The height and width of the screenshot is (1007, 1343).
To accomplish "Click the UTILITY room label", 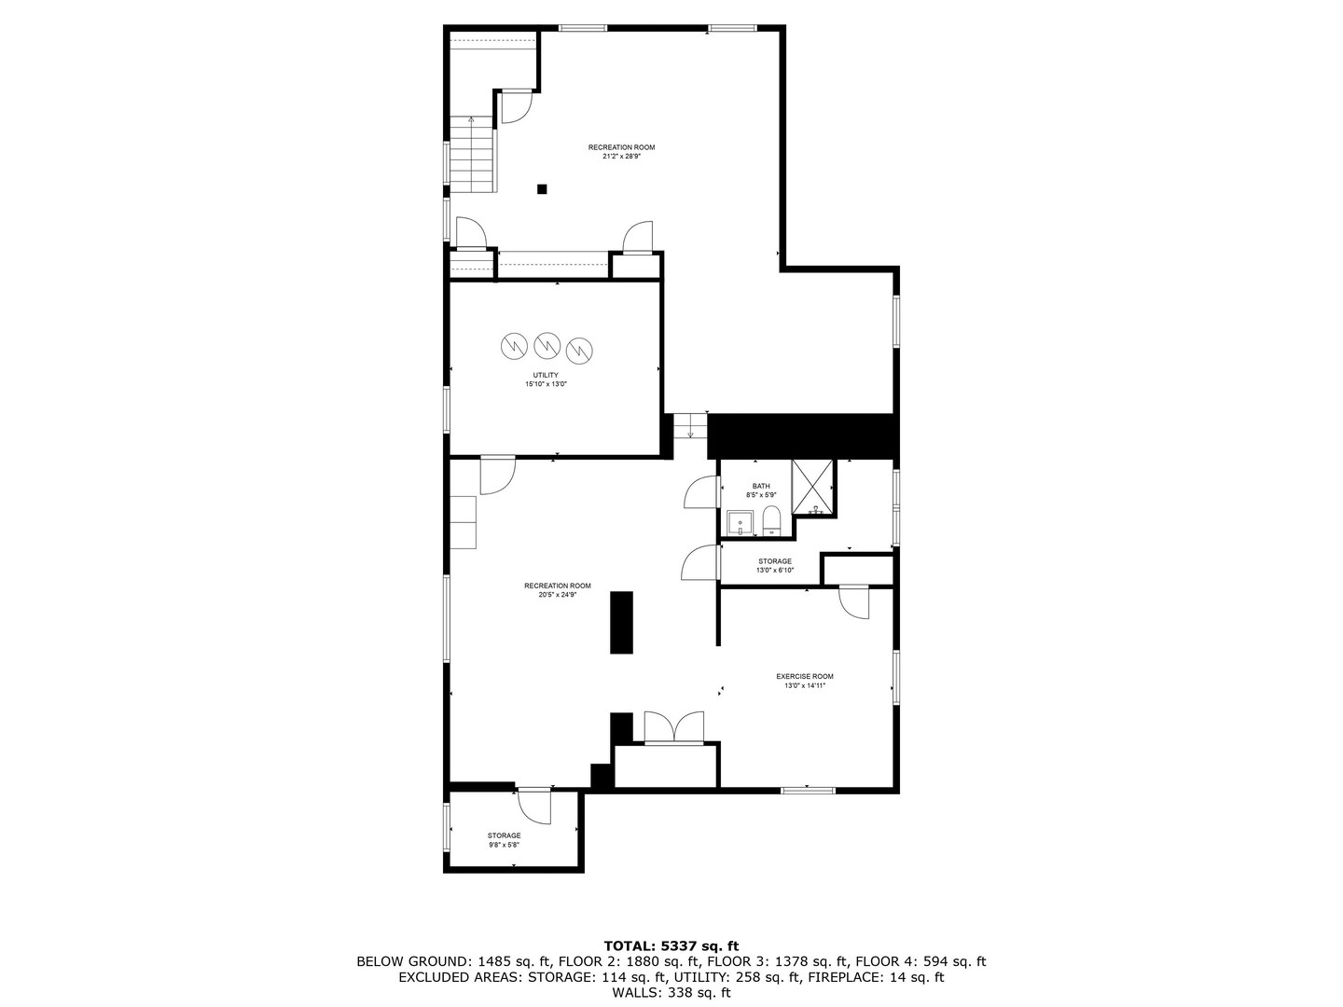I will click(546, 375).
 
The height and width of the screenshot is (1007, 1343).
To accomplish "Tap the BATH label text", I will click(761, 486).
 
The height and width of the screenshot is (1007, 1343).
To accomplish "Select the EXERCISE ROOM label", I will click(804, 676).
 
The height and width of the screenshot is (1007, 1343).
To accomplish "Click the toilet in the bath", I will click(771, 520).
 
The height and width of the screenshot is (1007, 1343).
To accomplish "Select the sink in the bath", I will click(740, 523).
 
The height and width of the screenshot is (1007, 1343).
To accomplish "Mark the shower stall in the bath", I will click(812, 488).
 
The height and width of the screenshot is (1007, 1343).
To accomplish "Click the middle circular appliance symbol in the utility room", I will click(546, 346).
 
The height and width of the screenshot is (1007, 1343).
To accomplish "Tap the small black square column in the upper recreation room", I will click(542, 189).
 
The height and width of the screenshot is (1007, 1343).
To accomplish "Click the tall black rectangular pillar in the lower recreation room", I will click(621, 622).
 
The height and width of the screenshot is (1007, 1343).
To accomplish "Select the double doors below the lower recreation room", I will click(673, 728).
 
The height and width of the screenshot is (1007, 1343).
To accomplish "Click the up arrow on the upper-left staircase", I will click(471, 120).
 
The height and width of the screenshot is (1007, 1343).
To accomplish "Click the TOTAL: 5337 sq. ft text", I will click(671, 945).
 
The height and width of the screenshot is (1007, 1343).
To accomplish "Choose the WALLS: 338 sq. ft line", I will click(671, 993).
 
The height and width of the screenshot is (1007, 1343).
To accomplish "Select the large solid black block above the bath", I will click(801, 435).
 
